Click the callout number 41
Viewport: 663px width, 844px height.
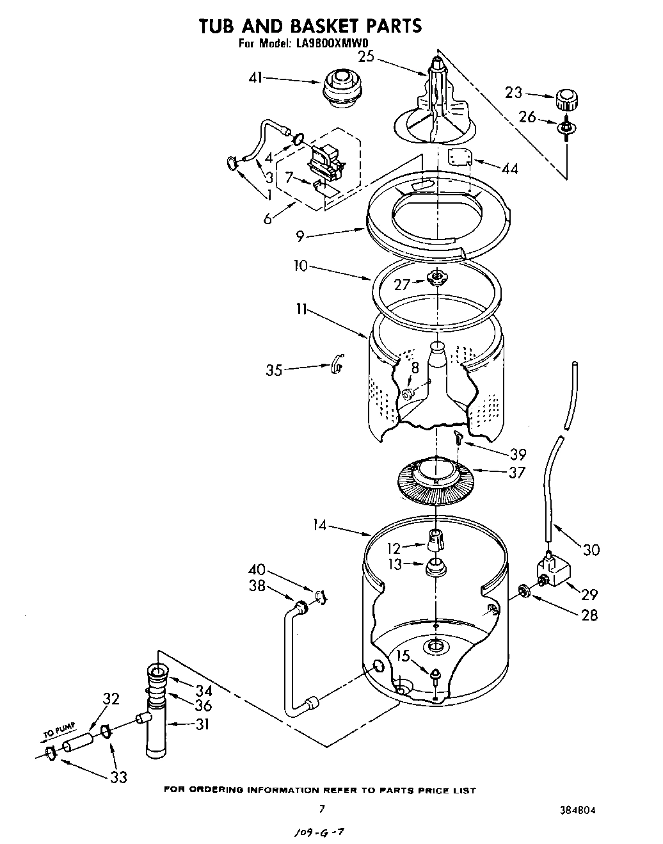tap(255, 78)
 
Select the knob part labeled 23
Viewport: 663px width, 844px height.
tap(567, 101)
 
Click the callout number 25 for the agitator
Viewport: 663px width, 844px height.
tap(365, 57)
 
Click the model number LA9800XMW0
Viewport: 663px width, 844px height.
tap(333, 44)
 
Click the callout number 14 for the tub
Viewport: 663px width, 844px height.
tap(319, 525)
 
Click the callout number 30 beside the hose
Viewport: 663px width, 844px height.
tap(591, 549)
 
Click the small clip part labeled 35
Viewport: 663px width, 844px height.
tap(337, 365)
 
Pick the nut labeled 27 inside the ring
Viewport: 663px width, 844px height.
tap(437, 277)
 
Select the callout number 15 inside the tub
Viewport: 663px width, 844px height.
tap(402, 655)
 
